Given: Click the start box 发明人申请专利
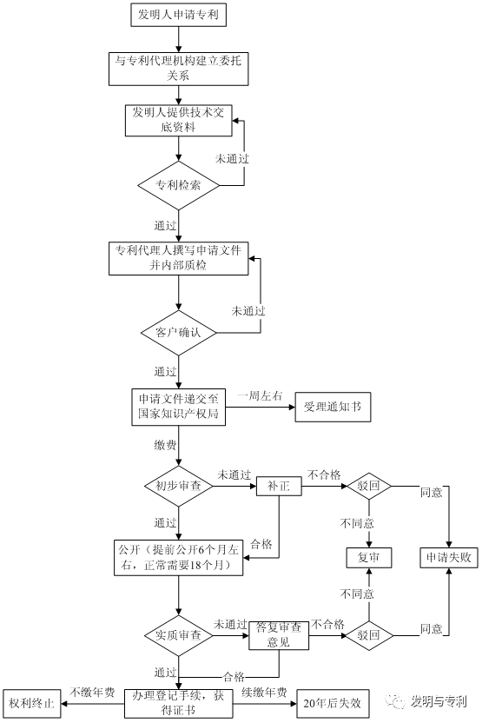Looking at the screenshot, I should (178, 15).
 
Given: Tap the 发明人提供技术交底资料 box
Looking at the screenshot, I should (178, 121).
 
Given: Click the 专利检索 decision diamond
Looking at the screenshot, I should (178, 185).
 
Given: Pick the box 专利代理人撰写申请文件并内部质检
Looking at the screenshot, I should (178, 257).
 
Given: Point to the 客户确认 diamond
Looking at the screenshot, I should (178, 332).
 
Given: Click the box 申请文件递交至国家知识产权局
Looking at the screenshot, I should (178, 407).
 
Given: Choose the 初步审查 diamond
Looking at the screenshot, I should (178, 486).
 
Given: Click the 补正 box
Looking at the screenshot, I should (278, 486).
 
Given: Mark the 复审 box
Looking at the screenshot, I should (368, 556).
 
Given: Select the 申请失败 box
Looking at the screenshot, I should (449, 556).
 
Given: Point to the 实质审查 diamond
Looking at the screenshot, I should (178, 635).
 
